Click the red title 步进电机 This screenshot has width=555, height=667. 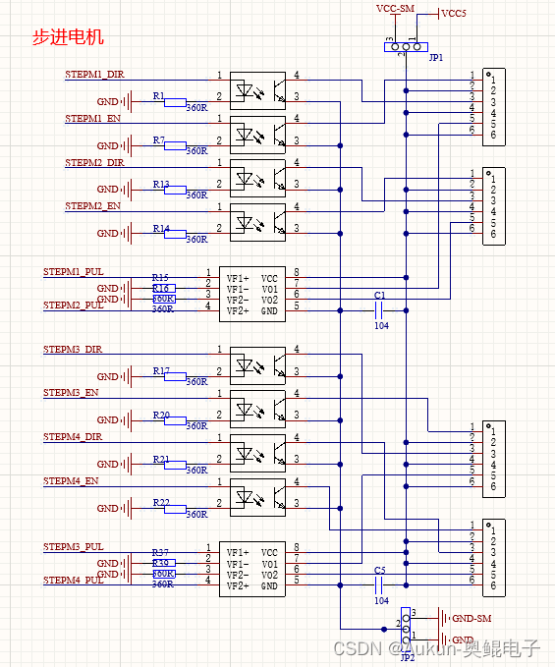pyautogui.click(x=68, y=38)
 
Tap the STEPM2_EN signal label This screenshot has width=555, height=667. pyautogui.click(x=92, y=206)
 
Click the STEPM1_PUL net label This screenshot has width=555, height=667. pyautogui.click(x=73, y=271)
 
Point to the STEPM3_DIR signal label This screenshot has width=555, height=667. pyautogui.click(x=73, y=350)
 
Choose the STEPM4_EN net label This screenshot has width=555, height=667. pyautogui.click(x=71, y=481)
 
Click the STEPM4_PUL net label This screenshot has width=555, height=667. pyautogui.click(x=73, y=581)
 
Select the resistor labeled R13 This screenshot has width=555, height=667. pyautogui.click(x=175, y=190)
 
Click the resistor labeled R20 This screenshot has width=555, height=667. pyautogui.click(x=175, y=420)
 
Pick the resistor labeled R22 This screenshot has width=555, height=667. pyautogui.click(x=175, y=509)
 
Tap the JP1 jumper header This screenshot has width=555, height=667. pyautogui.click(x=406, y=46)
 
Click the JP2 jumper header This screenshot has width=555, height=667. pyautogui.click(x=406, y=624)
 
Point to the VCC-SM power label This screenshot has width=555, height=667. pyautogui.click(x=396, y=8)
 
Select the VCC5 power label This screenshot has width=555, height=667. pyautogui.click(x=453, y=14)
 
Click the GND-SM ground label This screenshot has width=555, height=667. pyautogui.click(x=471, y=618)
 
